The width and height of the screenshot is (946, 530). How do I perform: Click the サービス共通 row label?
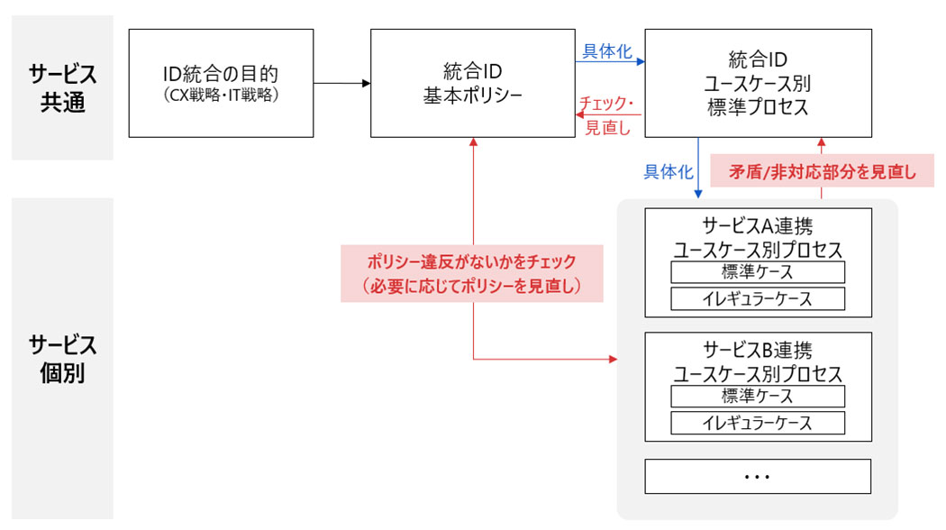coord(62,87)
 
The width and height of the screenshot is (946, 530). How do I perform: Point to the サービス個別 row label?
coord(62,359)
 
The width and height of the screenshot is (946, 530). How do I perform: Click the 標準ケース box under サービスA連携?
coord(758,272)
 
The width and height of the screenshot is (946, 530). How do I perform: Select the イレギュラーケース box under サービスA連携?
coord(758,298)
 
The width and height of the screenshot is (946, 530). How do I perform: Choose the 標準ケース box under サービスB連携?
coord(758,397)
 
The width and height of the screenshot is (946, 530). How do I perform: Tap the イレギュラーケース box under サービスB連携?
coord(758,423)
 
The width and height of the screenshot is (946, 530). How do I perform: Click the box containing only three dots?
coord(758,476)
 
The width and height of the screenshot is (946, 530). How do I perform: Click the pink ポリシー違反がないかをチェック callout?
coord(472,274)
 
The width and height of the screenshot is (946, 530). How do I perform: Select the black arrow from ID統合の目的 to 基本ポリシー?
coord(342,83)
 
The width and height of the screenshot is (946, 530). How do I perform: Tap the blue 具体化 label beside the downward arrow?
coord(667,172)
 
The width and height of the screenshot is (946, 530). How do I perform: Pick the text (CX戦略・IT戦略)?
coord(221,93)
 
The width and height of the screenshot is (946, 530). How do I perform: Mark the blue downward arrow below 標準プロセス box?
coord(698,167)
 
